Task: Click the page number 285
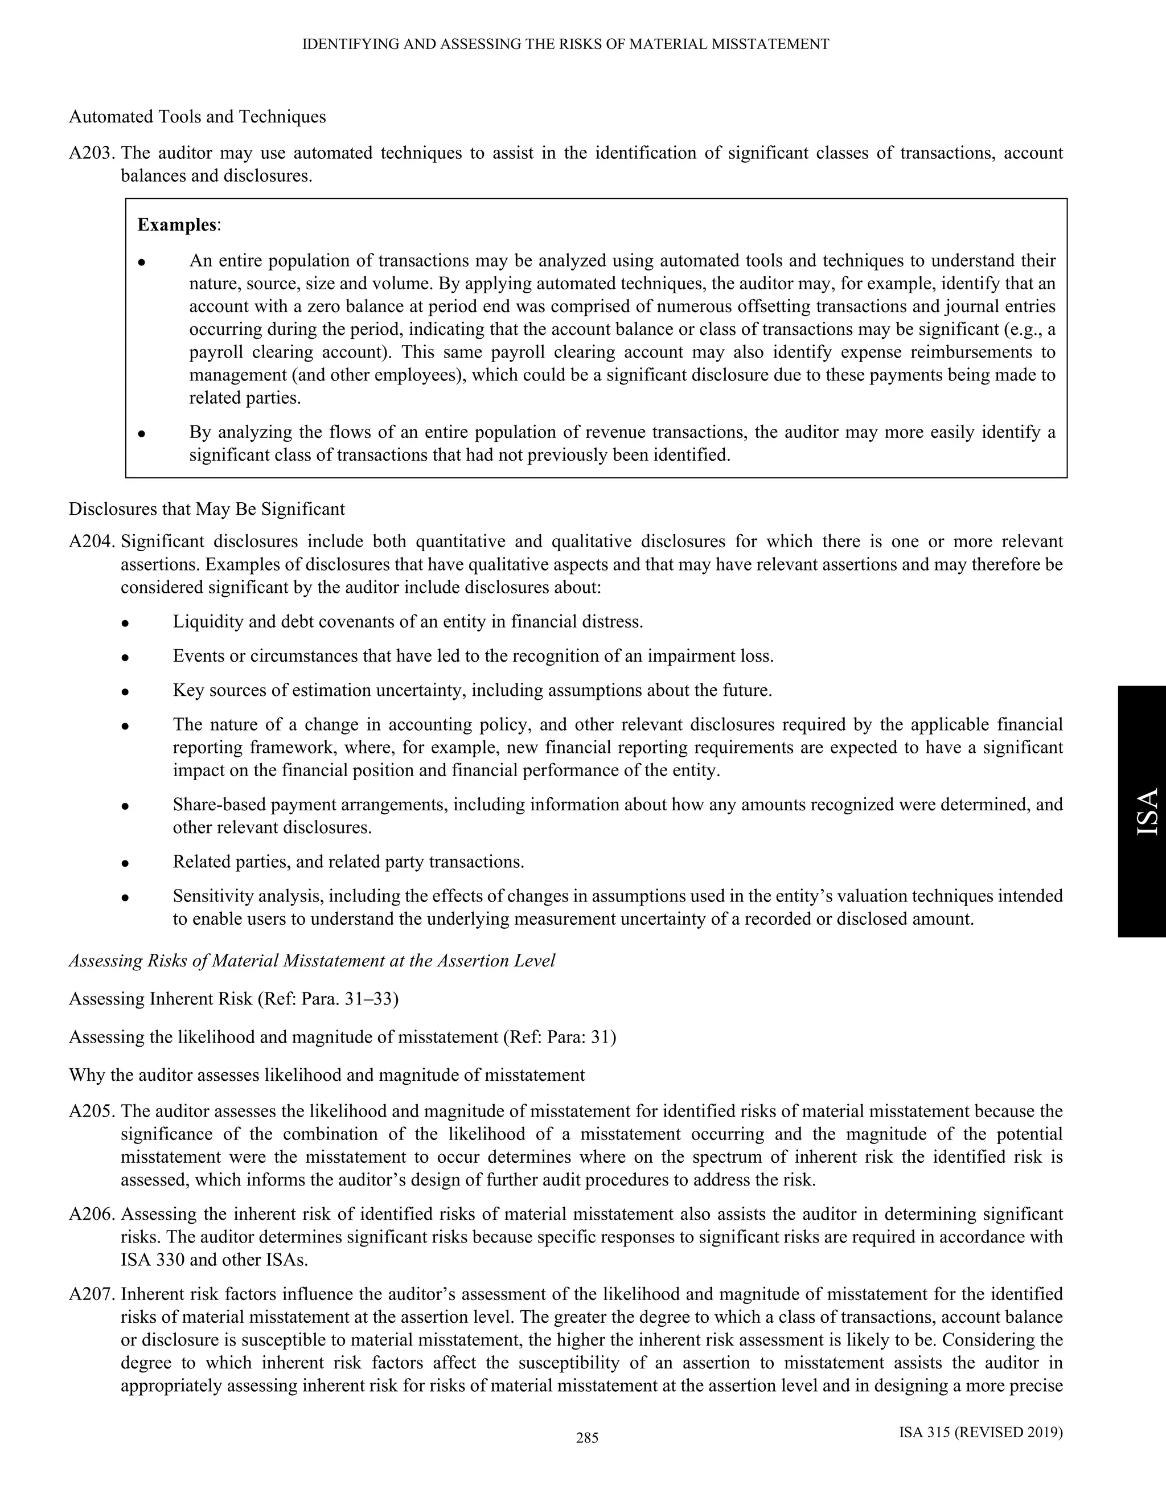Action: coord(586,1438)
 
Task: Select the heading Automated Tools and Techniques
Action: coord(197,117)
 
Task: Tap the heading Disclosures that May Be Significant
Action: coord(207,509)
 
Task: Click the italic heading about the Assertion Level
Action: coord(311,961)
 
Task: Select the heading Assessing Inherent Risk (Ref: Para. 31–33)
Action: coord(233,999)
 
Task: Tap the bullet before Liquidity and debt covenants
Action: coord(125,622)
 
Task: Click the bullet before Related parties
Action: coord(125,863)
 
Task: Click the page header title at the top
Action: coord(566,44)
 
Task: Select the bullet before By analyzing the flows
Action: coord(142,434)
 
